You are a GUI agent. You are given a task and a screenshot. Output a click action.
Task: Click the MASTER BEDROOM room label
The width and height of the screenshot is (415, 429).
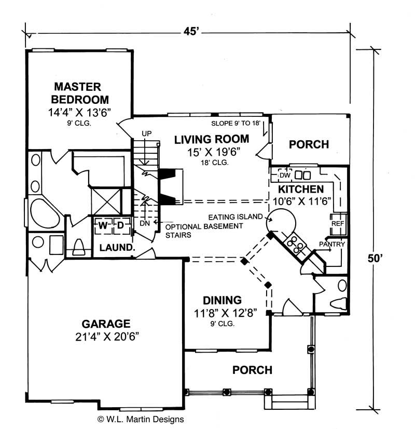click(78, 93)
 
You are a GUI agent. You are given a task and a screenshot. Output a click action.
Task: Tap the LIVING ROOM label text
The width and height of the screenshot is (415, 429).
click(212, 139)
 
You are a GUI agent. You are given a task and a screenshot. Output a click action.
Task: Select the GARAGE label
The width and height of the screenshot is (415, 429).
click(102, 323)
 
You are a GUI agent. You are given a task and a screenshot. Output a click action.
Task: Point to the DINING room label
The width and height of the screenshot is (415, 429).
click(222, 300)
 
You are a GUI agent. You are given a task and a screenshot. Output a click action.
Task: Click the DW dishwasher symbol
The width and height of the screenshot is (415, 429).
click(284, 175)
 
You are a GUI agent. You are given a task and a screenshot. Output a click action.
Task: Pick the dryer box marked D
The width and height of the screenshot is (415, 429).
click(119, 225)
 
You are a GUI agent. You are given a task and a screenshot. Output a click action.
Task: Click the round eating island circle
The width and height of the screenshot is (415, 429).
click(281, 223)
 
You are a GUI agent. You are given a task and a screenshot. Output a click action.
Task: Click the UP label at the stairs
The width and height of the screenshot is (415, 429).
click(146, 134)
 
